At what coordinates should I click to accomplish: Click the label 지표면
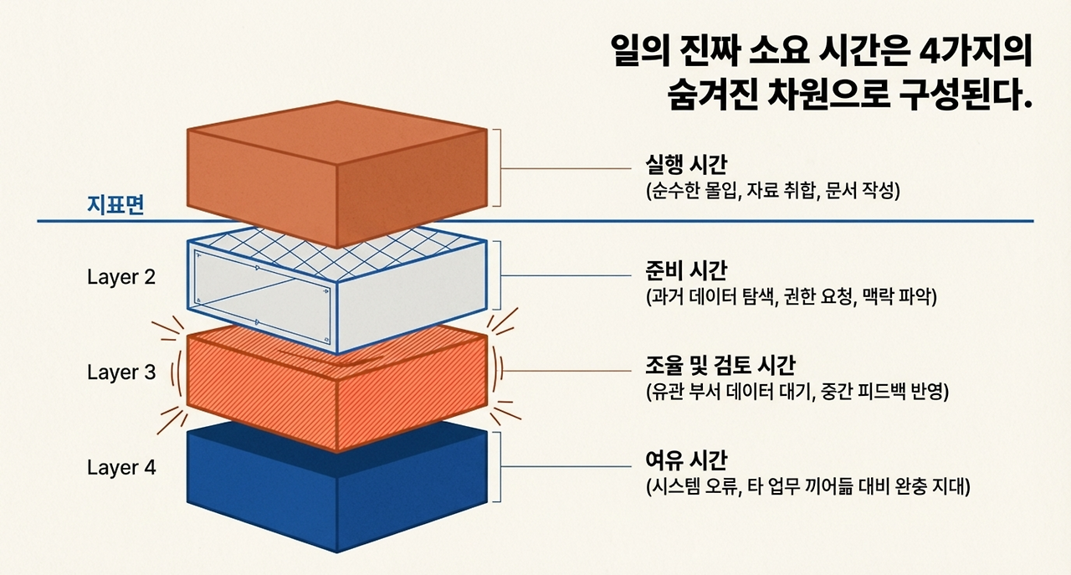(115, 206)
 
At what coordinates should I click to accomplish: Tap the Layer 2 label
(121, 277)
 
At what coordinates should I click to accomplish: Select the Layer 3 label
(121, 372)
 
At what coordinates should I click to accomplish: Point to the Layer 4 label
(121, 467)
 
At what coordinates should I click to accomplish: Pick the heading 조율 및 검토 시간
(720, 366)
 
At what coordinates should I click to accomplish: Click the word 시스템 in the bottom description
(679, 486)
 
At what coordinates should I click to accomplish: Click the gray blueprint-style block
(335, 289)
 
